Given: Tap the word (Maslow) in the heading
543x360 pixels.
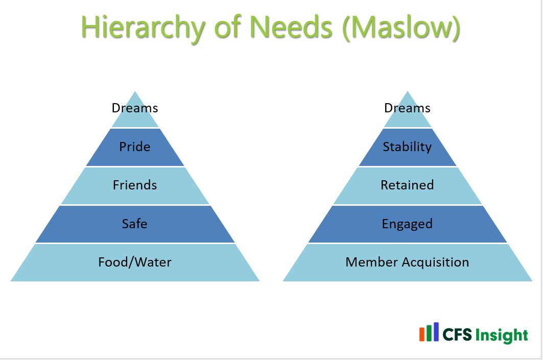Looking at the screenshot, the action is pyautogui.click(x=402, y=29).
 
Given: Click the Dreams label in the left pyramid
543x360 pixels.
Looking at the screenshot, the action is pyautogui.click(x=135, y=108).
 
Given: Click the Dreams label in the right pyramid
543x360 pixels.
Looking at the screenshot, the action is pyautogui.click(x=407, y=108).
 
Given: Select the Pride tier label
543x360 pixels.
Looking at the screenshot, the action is pyautogui.click(x=135, y=147).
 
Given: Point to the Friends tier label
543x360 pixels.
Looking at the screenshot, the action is pyautogui.click(x=135, y=185).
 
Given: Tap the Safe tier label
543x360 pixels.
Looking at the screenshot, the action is pyautogui.click(x=135, y=223).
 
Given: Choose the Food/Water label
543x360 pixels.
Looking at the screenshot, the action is pyautogui.click(x=135, y=262).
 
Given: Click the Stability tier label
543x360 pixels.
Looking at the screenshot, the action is pyautogui.click(x=407, y=147).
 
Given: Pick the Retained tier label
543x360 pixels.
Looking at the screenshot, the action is pyautogui.click(x=407, y=185).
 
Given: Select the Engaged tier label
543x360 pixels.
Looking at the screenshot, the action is pyautogui.click(x=407, y=224).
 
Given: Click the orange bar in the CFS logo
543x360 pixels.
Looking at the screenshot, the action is pyautogui.click(x=422, y=334).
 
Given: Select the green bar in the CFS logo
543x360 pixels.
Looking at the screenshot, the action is pyautogui.click(x=429, y=332).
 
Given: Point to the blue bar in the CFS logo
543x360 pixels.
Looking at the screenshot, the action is pyautogui.click(x=436, y=331).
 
